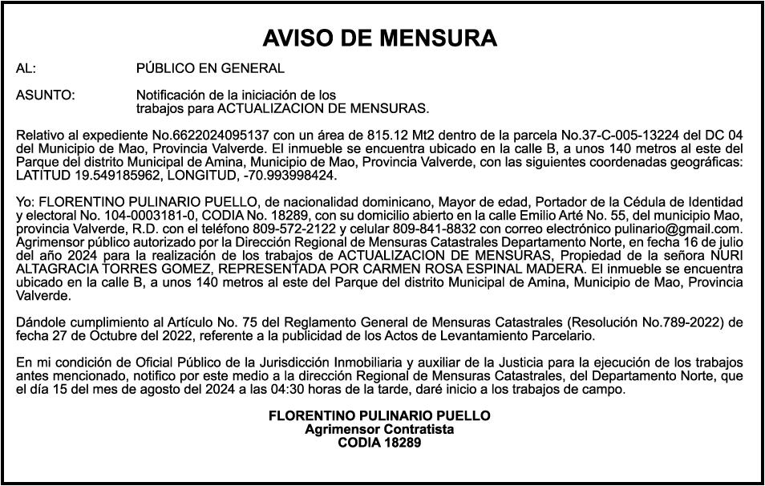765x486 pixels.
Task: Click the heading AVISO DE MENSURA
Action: pos(380,38)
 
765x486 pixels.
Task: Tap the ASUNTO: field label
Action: pos(46,95)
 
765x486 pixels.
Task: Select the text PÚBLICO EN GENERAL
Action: pos(210,68)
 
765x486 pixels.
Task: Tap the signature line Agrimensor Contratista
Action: pos(379,429)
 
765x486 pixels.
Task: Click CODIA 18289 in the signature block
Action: pos(379,442)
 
